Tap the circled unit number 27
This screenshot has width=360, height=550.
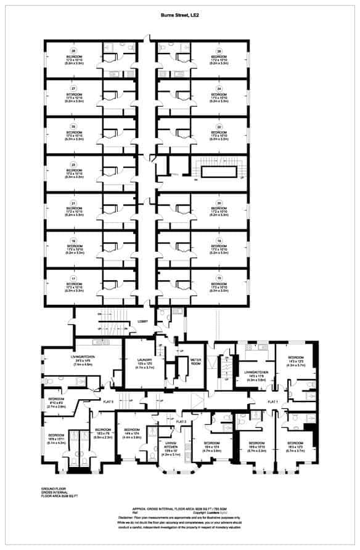click(73, 88)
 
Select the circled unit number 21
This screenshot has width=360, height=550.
click(73, 203)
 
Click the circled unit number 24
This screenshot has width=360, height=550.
click(218, 88)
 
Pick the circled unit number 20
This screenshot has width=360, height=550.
click(218, 203)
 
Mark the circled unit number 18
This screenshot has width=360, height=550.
click(218, 241)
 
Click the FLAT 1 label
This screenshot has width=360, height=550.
click(272, 402)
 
